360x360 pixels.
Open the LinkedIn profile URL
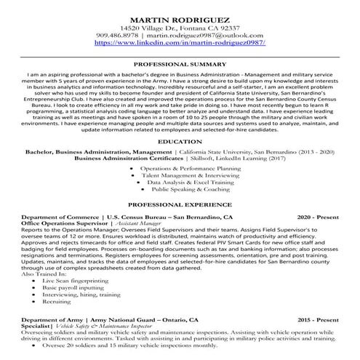(x=181, y=44)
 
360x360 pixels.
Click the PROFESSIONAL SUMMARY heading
(x=181, y=65)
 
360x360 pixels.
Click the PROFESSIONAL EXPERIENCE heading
(x=181, y=206)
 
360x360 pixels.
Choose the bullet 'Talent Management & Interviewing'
(x=182, y=175)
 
